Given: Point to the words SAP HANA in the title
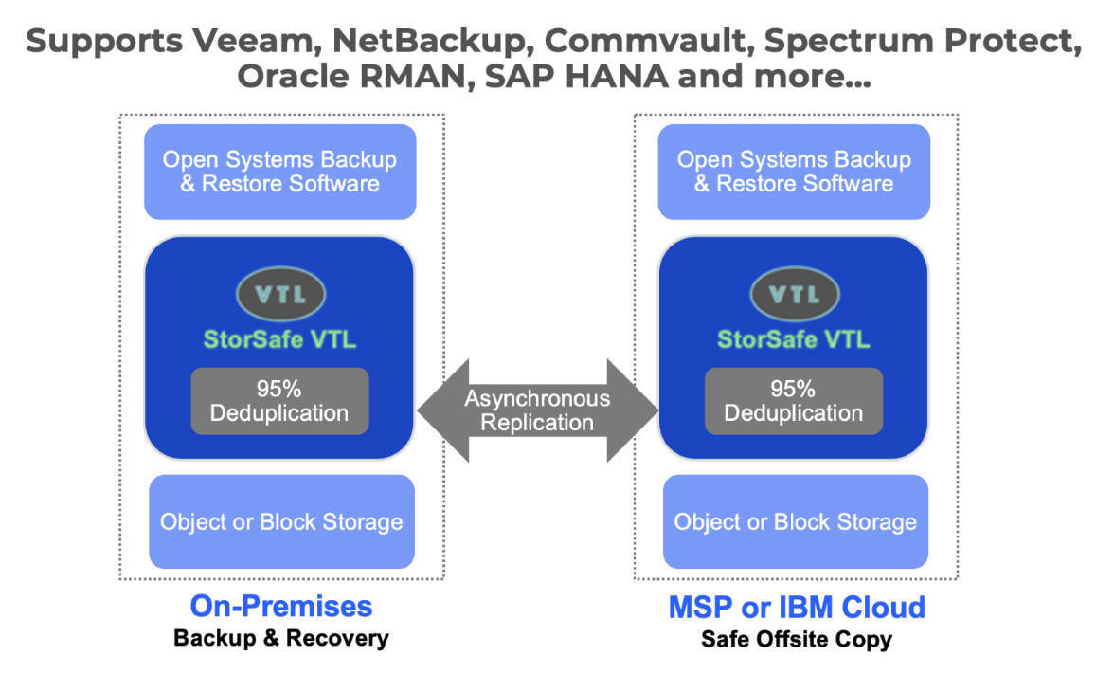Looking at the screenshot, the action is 577,76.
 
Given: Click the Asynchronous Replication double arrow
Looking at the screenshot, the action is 537,410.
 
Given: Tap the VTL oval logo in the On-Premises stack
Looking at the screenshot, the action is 280,294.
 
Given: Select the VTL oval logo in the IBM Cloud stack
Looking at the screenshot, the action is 794,294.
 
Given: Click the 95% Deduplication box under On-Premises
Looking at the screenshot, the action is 279,401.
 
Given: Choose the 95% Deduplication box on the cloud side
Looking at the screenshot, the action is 794,401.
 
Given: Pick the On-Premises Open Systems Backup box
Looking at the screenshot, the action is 280,172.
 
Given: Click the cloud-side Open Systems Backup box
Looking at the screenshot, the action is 794,172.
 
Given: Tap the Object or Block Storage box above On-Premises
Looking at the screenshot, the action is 281,521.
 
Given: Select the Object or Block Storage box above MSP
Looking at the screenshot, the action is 795,521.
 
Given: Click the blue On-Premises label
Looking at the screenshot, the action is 280,607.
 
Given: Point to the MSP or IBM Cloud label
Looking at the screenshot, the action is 797,607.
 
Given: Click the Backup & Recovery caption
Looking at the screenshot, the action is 280,638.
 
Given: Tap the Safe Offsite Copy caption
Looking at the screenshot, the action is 797,639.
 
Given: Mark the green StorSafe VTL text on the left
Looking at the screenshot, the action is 280,339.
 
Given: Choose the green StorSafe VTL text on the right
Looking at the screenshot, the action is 794,339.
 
